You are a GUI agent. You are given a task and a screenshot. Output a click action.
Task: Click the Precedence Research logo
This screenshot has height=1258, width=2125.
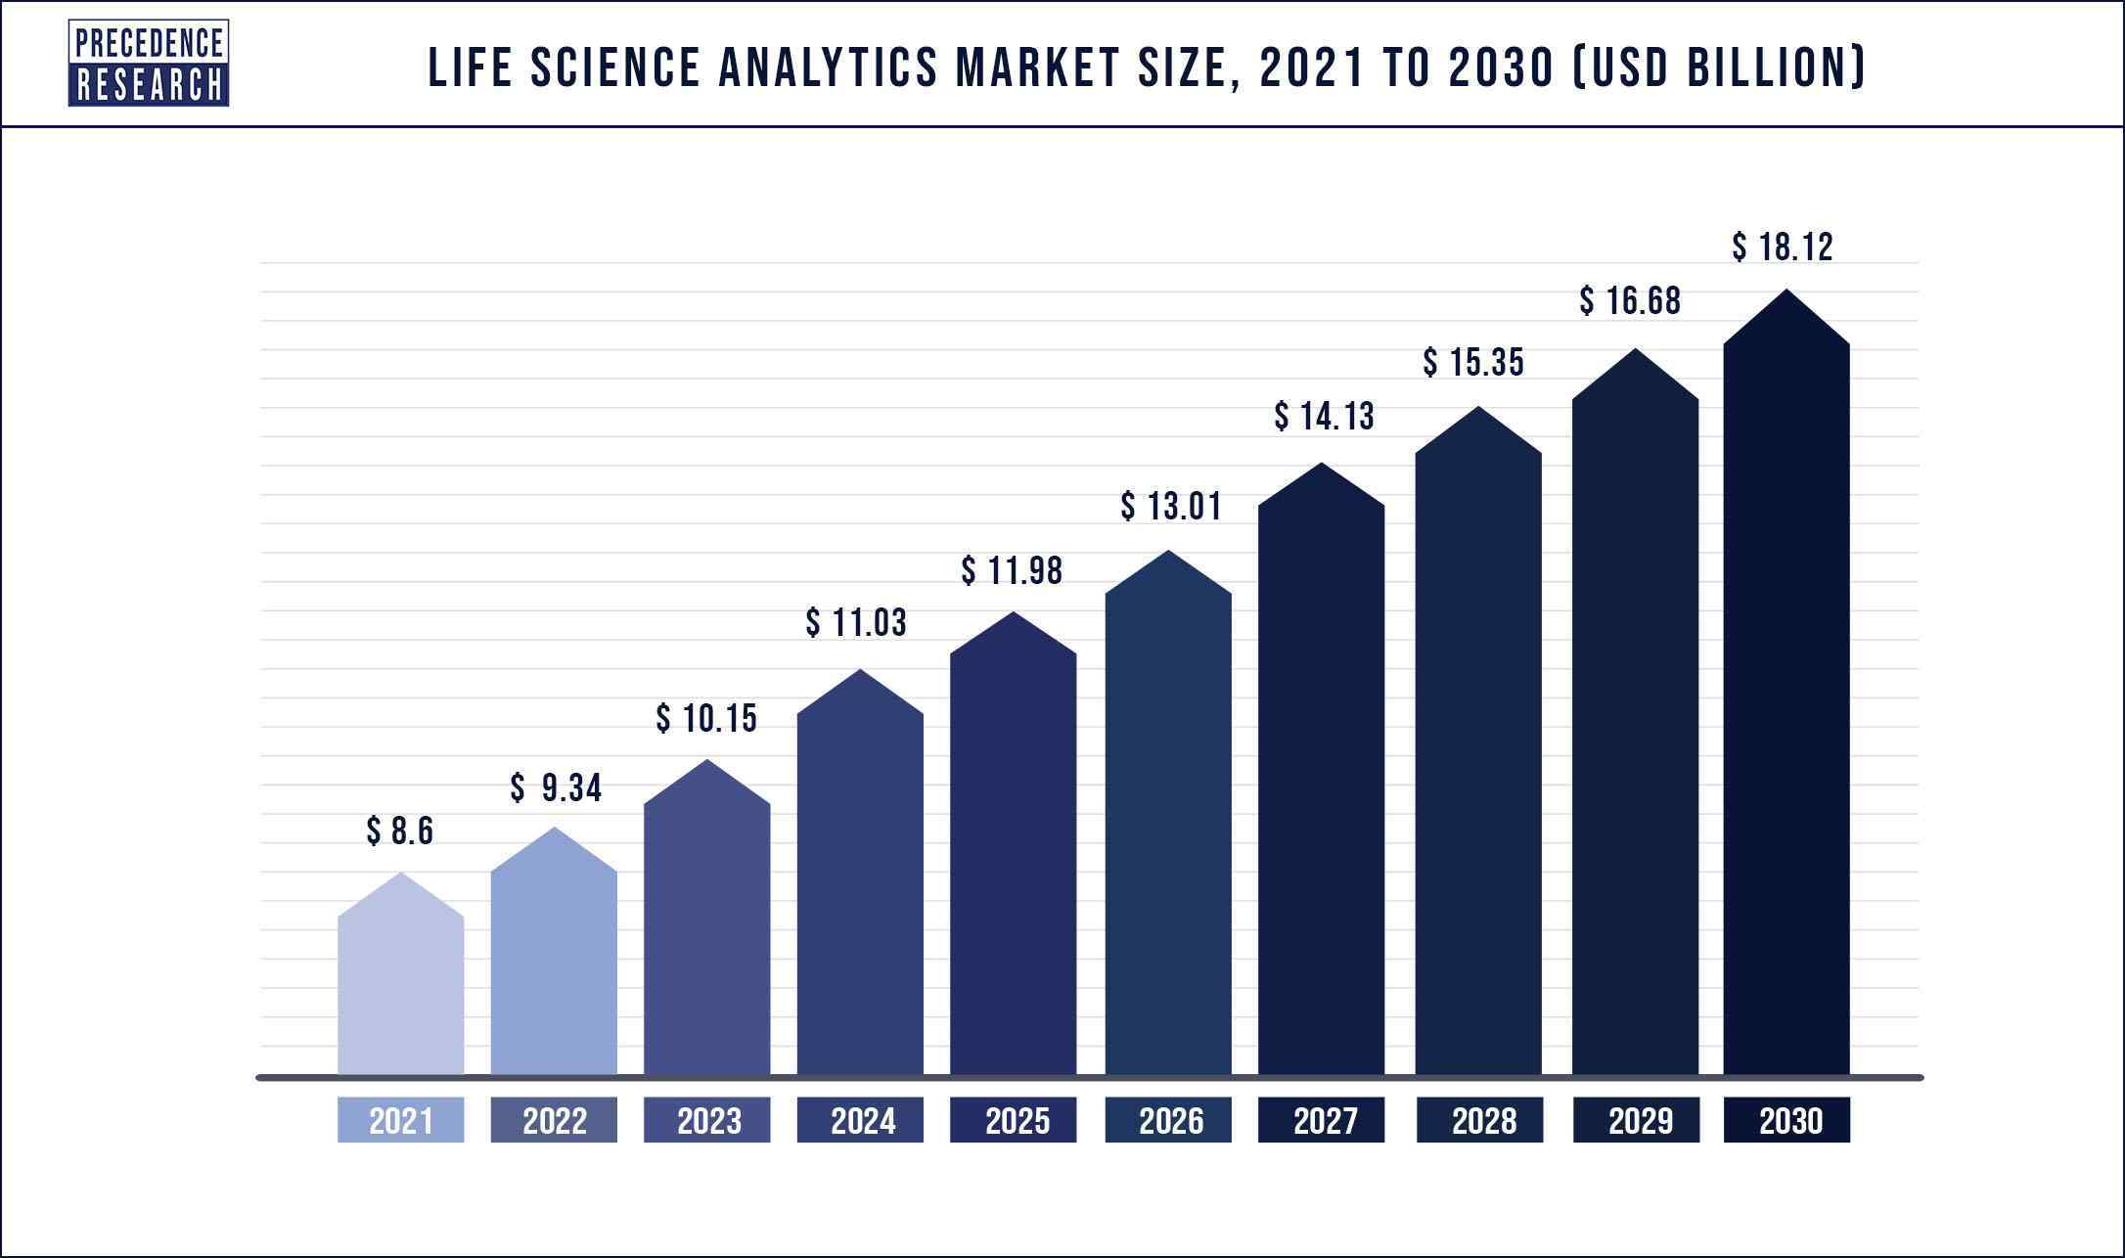pyautogui.click(x=148, y=64)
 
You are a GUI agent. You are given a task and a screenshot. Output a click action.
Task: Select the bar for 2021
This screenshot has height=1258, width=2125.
pyautogui.click(x=400, y=988)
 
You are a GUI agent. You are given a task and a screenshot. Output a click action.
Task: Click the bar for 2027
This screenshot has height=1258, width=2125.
pyautogui.click(x=1321, y=783)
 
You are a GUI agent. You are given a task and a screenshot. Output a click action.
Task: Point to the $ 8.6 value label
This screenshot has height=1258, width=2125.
pyautogui.click(x=399, y=831)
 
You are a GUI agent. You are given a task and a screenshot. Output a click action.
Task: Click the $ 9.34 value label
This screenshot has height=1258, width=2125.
pyautogui.click(x=555, y=787)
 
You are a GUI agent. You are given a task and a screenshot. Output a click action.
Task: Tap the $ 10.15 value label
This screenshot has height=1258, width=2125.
pyautogui.click(x=706, y=719)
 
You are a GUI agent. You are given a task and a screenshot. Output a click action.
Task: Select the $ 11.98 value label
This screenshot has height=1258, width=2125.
pyautogui.click(x=1012, y=571)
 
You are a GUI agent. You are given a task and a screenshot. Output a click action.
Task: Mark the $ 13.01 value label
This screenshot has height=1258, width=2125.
pyautogui.click(x=1171, y=507)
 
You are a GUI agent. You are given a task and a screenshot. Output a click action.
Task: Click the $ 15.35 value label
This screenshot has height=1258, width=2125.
pyautogui.click(x=1473, y=363)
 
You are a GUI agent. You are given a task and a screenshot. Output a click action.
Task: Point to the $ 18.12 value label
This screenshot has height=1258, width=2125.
pyautogui.click(x=1782, y=247)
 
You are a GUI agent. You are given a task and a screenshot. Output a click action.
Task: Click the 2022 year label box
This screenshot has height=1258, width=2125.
pyautogui.click(x=554, y=1120)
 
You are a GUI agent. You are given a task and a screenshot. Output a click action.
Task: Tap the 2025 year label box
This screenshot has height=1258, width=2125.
pyautogui.click(x=1014, y=1120)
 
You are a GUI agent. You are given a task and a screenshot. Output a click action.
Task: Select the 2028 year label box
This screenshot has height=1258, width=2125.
pyautogui.click(x=1479, y=1120)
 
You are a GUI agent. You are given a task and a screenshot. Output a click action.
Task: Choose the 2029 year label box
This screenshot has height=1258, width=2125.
pyautogui.click(x=1636, y=1120)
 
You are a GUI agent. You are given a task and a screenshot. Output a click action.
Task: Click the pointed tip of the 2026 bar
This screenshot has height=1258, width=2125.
pyautogui.click(x=1168, y=552)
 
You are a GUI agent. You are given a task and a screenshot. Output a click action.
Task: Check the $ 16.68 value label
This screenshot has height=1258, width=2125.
pyautogui.click(x=1630, y=301)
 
